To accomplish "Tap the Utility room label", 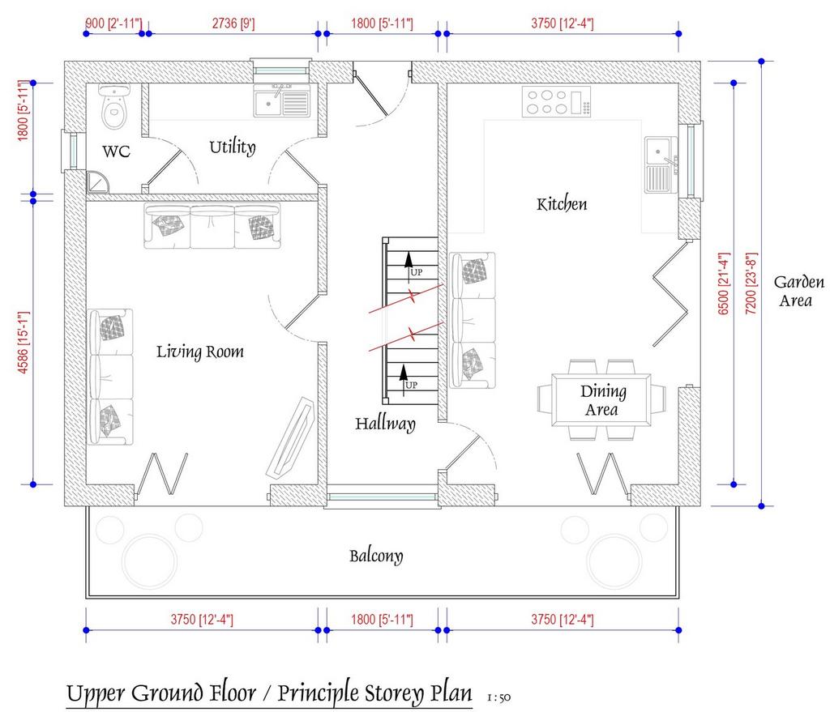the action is [x=233, y=147].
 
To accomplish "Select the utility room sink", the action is [x=281, y=100].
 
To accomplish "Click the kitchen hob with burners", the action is [x=556, y=101].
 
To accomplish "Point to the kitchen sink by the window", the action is [x=661, y=164].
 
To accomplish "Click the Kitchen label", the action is [x=562, y=203].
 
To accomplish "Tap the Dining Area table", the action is [x=601, y=400].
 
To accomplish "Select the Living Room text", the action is [x=200, y=352].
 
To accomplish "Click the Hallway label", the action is [x=385, y=424].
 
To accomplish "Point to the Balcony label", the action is [x=376, y=556].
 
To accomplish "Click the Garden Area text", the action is [x=798, y=292].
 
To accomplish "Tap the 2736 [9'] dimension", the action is [x=233, y=23].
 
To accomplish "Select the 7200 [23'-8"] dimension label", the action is [x=751, y=284].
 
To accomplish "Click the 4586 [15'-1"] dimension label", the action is [x=24, y=343].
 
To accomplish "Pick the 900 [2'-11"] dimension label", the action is [x=113, y=23].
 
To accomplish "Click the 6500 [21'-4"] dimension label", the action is [x=724, y=284].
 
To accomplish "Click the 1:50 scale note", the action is [x=498, y=697].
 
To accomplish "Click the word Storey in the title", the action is [x=392, y=693].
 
